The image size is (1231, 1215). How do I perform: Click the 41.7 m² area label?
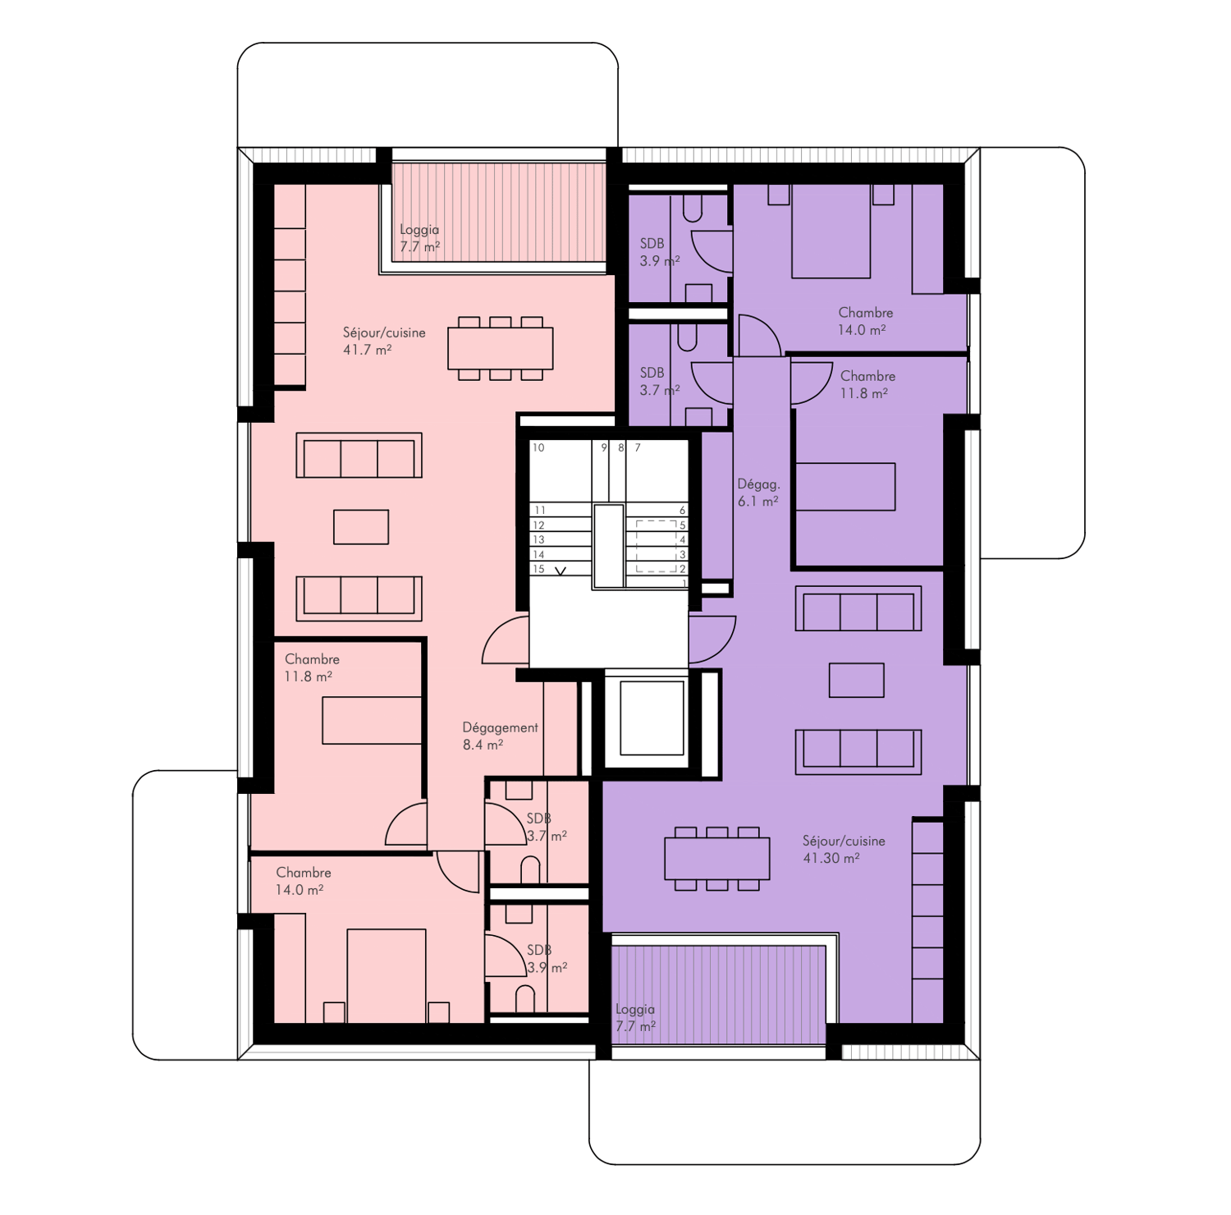367,350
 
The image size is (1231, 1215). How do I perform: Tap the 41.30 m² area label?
831,858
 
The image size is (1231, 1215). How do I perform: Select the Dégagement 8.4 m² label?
500,736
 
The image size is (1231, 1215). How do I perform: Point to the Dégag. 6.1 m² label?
758,493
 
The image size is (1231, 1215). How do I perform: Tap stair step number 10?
538,447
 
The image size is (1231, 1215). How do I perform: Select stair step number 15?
538,569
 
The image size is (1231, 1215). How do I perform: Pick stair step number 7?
638,447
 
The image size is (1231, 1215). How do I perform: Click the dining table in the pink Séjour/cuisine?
500,348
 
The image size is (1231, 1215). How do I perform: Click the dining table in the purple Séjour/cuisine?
717,858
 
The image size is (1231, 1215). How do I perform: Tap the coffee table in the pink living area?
361,527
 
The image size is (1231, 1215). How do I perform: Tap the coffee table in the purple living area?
856,680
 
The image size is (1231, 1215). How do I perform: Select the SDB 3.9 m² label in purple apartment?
660,252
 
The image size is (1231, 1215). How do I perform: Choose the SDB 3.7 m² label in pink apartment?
547,827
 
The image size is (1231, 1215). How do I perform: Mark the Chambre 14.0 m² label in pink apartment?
303,881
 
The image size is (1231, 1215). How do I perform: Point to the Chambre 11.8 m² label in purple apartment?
867,384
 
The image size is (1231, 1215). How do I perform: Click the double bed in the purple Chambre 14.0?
831,232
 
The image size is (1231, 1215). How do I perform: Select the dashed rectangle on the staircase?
657,546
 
